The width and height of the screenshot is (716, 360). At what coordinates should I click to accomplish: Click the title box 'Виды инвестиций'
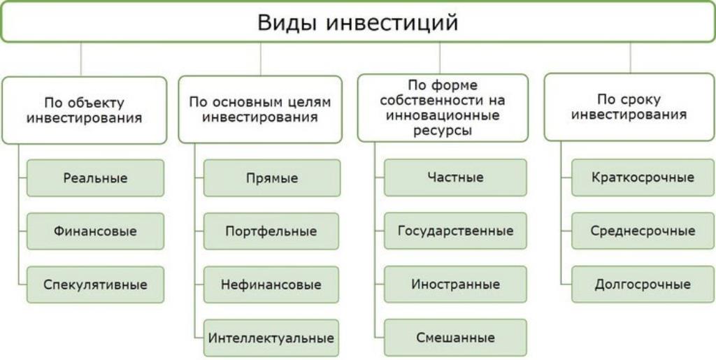[x=358, y=22]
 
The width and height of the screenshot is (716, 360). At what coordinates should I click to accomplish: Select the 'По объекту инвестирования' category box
[x=85, y=110]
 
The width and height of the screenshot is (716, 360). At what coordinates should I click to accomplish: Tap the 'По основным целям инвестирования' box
[x=260, y=110]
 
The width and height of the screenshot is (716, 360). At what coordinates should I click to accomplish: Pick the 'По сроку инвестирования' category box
[x=629, y=107]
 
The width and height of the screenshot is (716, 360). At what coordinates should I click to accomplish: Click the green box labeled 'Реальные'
[x=95, y=178]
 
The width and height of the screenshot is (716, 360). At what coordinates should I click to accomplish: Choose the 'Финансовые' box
[x=95, y=231]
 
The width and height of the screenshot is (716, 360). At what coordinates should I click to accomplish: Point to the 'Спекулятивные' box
[x=95, y=285]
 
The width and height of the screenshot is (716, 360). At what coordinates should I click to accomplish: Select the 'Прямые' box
[x=272, y=178]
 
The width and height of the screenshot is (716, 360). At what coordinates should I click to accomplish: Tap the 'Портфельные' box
[x=271, y=231]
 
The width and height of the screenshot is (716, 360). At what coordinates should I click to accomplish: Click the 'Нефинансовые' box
[x=271, y=285]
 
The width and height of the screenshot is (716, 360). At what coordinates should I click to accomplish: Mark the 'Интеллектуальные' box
[x=271, y=338]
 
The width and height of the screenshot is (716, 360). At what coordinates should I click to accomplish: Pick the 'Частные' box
[x=455, y=178]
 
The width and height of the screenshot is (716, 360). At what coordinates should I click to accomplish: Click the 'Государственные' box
[x=455, y=231]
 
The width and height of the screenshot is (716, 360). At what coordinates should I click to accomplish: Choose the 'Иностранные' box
[x=455, y=285]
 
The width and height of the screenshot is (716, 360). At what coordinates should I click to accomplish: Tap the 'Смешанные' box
[x=455, y=338]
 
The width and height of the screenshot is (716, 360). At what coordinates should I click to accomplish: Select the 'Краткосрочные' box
[x=643, y=178]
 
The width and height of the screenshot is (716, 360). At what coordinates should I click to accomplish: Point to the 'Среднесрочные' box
[x=643, y=231]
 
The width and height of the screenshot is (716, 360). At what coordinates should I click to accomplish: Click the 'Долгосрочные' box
[x=643, y=285]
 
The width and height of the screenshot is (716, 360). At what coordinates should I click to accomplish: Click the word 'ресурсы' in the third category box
[x=443, y=131]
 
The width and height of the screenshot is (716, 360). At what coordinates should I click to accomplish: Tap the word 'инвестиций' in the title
[x=392, y=23]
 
